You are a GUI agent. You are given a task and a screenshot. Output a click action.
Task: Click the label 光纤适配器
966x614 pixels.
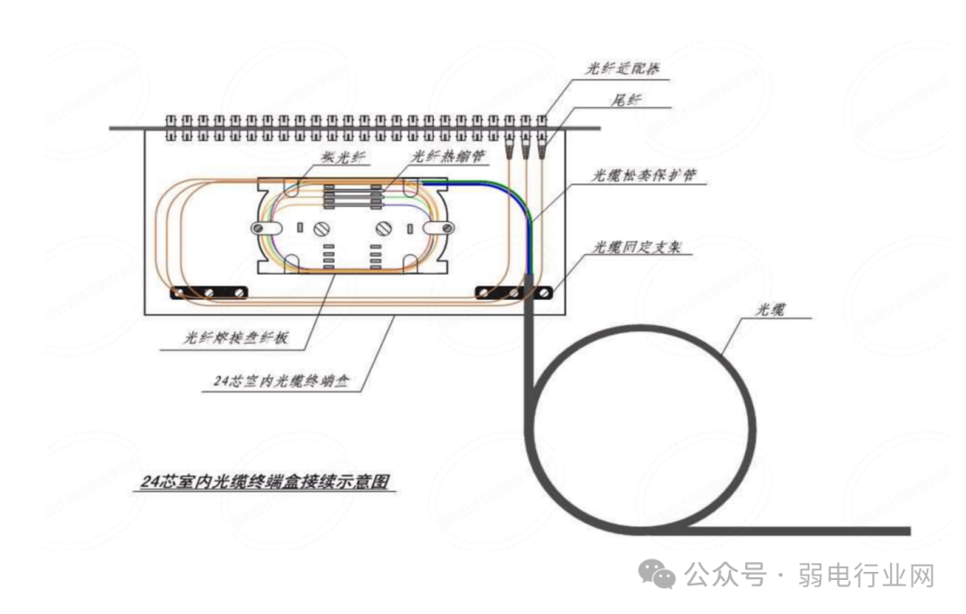tap(623, 68)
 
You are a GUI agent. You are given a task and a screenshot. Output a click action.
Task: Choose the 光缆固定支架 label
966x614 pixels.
tap(636, 247)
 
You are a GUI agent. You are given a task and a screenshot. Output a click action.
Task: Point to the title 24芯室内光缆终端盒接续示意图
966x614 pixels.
tap(267, 482)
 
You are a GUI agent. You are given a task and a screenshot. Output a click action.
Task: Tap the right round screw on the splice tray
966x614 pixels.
tap(385, 228)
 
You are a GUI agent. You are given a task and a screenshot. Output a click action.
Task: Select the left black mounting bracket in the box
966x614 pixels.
tap(209, 293)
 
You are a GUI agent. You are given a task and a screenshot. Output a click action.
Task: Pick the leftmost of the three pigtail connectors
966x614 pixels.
tap(510, 142)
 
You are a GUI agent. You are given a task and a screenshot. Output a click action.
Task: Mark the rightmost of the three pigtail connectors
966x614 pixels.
tap(542, 142)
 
